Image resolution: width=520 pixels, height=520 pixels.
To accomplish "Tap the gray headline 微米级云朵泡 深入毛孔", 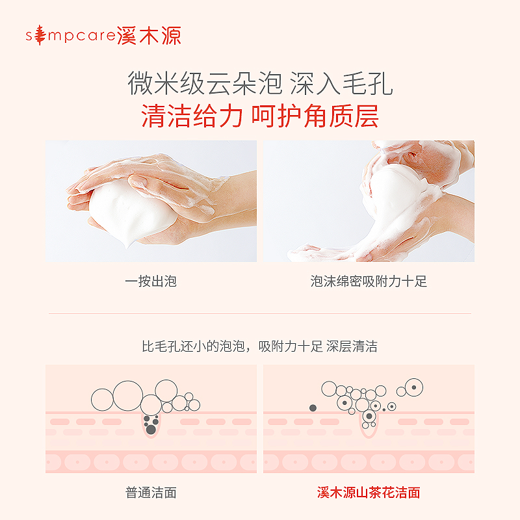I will click(260, 84).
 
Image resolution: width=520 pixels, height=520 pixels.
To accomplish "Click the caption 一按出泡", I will click(151, 281).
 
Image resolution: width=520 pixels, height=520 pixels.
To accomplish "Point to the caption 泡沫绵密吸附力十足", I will click(369, 281).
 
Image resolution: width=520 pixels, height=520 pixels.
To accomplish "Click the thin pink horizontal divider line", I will click(260, 314).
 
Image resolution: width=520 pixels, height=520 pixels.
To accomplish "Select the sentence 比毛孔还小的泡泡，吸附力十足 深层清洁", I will click(260, 346).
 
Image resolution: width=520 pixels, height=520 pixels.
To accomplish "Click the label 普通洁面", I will click(151, 493).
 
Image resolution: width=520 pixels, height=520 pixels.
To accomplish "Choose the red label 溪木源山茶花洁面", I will click(369, 493).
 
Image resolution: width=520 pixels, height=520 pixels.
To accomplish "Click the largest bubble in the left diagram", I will click(127, 395).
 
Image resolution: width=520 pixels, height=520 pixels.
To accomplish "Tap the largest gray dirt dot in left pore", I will click(151, 429).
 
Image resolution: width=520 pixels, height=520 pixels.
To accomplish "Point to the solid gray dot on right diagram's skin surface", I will click(313, 408).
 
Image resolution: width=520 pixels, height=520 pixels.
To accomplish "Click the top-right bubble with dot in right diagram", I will click(413, 387).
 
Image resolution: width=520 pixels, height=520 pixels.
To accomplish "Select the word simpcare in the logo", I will click(76, 36).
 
